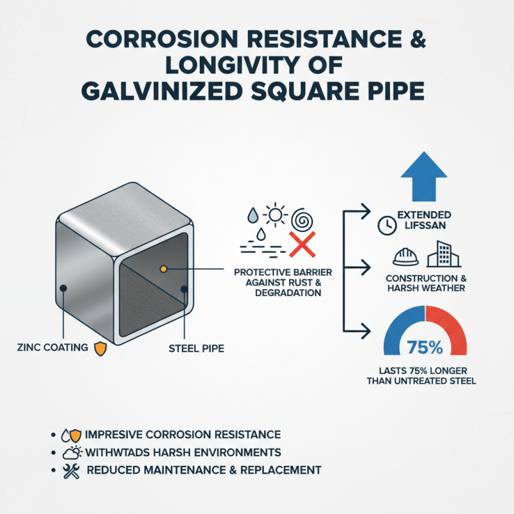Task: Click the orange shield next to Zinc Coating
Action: pos(100,349)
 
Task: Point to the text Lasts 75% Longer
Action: pos(424,371)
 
